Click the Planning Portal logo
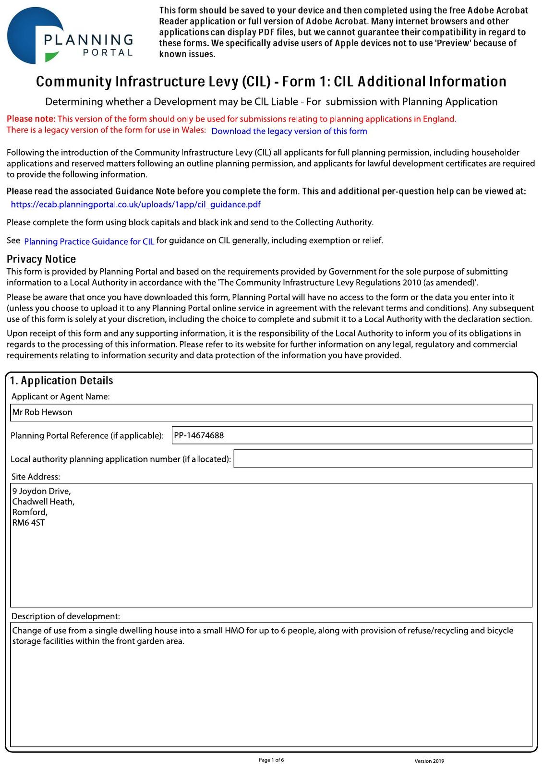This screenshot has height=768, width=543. coord(70,36)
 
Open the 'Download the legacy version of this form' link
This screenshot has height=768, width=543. coord(289,131)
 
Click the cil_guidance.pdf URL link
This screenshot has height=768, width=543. coord(135,204)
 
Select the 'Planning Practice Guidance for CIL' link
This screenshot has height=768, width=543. coord(89,241)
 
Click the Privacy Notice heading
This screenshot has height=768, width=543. coord(41,259)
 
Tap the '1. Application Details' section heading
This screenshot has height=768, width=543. coord(61,381)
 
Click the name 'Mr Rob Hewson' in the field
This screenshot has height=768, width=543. coord(42,412)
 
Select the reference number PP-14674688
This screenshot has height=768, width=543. coord(199,435)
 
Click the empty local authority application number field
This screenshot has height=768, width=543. coord(383,459)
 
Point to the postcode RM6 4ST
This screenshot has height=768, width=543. coord(28,523)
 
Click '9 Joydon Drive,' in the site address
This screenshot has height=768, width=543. coord(41,491)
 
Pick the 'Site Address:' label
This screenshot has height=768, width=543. coord(36,477)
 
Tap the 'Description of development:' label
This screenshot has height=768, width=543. coord(66,616)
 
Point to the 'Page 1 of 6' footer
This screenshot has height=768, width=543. coord(271,760)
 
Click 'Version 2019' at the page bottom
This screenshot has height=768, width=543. coord(429,761)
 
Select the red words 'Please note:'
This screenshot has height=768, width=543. coord(31,119)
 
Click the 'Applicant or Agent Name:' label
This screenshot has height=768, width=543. coord(60,396)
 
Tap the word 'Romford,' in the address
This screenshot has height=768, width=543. coord(30,512)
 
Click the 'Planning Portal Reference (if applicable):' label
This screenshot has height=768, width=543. coord(87,436)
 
